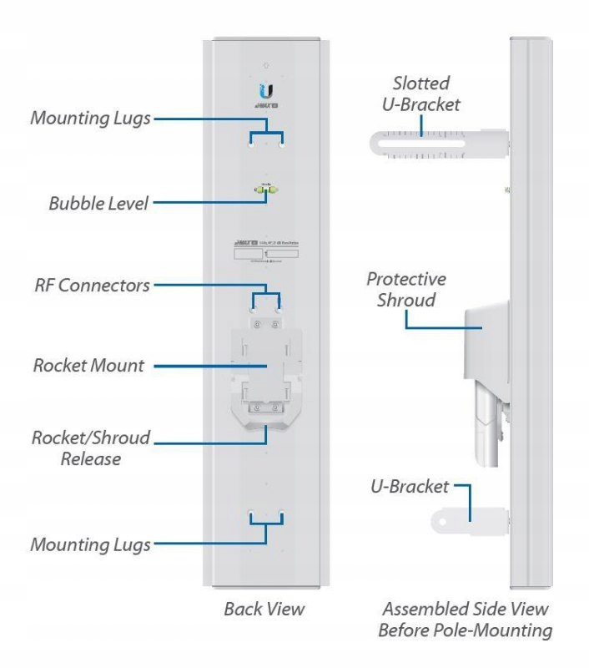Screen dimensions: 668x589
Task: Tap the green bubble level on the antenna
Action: pyautogui.click(x=266, y=191)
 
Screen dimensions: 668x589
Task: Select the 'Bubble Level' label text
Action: pyautogui.click(x=98, y=203)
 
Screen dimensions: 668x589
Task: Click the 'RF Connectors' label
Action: pyautogui.click(x=92, y=286)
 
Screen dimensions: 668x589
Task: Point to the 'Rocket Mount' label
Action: pyautogui.click(x=88, y=366)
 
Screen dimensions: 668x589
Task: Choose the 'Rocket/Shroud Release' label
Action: pyautogui.click(x=91, y=448)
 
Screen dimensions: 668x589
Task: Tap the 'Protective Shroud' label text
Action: pyautogui.click(x=406, y=289)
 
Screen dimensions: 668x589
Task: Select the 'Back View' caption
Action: pyautogui.click(x=264, y=609)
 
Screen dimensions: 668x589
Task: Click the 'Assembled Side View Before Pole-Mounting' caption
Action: pyautogui.click(x=465, y=620)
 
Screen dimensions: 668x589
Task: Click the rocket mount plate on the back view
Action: pyautogui.click(x=266, y=367)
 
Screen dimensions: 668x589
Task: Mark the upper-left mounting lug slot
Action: pyautogui.click(x=250, y=143)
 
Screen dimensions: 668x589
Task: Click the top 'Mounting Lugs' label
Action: pyautogui.click(x=90, y=118)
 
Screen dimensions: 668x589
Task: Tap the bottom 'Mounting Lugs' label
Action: pyautogui.click(x=90, y=544)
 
